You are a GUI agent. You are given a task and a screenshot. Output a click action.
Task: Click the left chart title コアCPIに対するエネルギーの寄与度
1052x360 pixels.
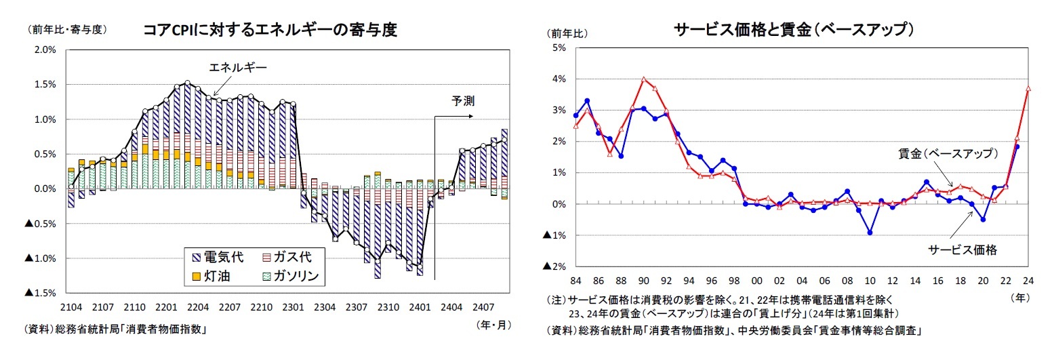click(x=269, y=30)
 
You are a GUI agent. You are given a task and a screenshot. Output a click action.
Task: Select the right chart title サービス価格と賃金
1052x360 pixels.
click(x=794, y=30)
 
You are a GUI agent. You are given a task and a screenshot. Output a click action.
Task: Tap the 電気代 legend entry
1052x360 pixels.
click(x=224, y=258)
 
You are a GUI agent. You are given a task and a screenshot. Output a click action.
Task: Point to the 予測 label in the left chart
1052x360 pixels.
click(x=463, y=101)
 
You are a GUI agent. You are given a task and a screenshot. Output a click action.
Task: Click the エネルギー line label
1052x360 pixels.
click(x=238, y=67)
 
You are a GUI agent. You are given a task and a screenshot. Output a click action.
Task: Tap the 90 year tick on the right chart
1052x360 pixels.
click(x=643, y=281)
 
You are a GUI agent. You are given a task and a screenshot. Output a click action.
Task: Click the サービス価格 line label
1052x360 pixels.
click(x=963, y=250)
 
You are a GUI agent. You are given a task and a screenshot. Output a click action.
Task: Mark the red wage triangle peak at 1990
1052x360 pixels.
click(x=643, y=79)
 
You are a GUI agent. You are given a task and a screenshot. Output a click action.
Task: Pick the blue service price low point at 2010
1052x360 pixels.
click(x=870, y=233)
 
